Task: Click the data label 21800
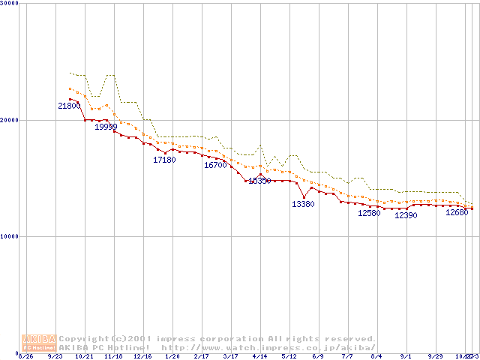coord(69,106)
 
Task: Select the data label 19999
coord(106,127)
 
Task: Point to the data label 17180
coord(164,160)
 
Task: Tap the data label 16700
coord(215,165)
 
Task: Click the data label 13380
coord(303,204)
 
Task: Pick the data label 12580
coord(369,213)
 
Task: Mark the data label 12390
coord(406,216)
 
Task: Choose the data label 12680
coord(457,213)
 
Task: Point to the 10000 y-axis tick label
coord(10,236)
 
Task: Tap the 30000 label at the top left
coord(10,4)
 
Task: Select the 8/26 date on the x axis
coord(25,356)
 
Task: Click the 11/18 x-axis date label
coord(113,356)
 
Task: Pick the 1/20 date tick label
coord(172,356)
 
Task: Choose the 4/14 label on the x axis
coord(259,356)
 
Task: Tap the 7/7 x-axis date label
coord(347,356)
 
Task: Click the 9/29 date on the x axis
coord(435,356)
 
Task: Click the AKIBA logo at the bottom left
coord(39,343)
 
